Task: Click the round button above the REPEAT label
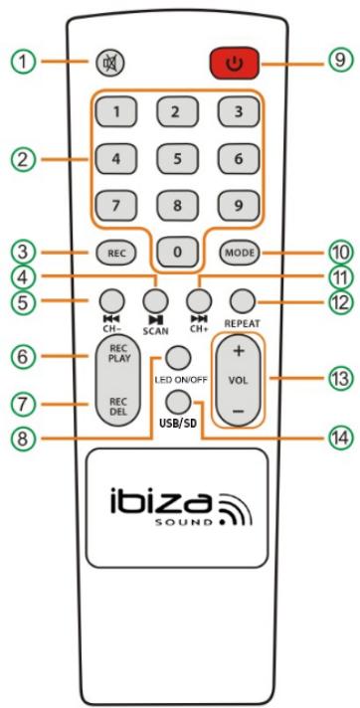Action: (x=238, y=296)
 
